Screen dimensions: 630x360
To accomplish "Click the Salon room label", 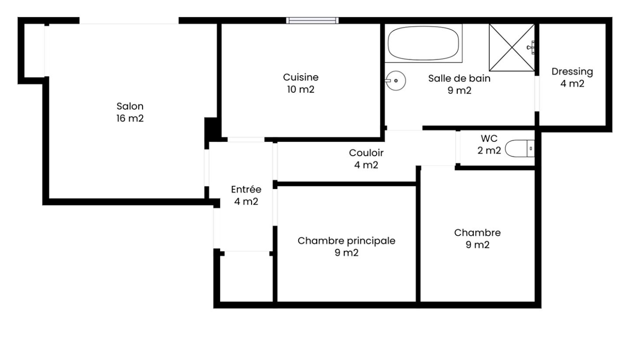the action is coord(130,106).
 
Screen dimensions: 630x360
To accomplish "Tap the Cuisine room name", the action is coord(301,77).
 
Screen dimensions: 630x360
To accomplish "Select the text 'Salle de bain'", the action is coord(459,78).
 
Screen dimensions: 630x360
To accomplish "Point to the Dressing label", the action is coord(572,72).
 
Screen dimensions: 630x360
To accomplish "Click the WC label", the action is coord(489,139).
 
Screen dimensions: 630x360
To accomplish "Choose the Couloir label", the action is coord(366,153).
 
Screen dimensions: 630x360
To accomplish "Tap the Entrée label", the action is coord(246,189).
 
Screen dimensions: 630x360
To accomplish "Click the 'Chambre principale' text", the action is coord(346,241).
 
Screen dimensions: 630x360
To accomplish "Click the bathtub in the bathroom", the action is coord(423,43).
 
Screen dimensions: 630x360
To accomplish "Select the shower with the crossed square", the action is coord(512,48).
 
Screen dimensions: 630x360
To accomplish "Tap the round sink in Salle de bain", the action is coord(396,81).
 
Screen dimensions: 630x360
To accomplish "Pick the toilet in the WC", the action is coord(520,148).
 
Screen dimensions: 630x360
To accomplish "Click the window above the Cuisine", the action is coord(312,21).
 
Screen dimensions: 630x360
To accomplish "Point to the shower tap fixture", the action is coord(531,47).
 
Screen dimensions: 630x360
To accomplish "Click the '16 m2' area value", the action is coord(130,118).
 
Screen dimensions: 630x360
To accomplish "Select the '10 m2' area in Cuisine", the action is coord(301,90).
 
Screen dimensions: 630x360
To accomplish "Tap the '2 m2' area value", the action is coord(489,150).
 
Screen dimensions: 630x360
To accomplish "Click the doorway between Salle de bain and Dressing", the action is coord(537,94).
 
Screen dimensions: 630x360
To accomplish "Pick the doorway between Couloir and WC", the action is coord(458,147).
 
